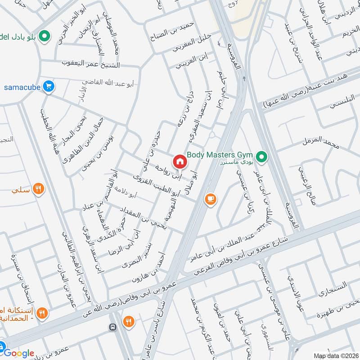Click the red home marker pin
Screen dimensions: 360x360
coord(179,161)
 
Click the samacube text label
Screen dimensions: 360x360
coord(22,86)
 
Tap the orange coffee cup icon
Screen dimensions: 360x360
coord(210,199)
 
